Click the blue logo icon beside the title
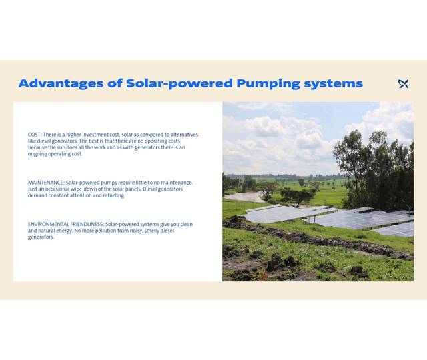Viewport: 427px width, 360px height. point(403,83)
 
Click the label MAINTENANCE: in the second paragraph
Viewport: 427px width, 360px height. point(46,183)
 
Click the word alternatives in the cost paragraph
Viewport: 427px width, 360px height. point(182,135)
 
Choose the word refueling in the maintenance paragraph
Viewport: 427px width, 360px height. point(112,195)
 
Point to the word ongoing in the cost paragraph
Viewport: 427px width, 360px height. point(37,154)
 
